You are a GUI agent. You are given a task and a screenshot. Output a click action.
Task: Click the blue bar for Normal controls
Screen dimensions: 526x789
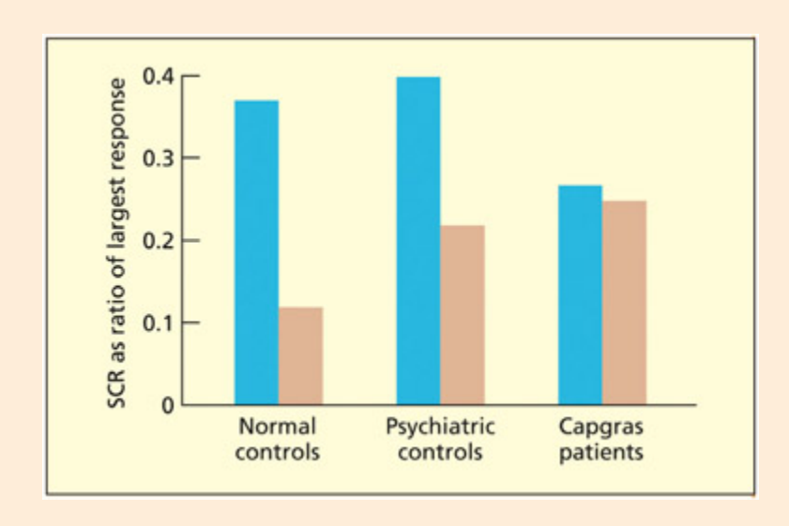(x=256, y=253)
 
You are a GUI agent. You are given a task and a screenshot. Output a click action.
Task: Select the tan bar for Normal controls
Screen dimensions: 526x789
(x=300, y=356)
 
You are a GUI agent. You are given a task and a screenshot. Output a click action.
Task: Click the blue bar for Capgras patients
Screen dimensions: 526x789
(x=581, y=295)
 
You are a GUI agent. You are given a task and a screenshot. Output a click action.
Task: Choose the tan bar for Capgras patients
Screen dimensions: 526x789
(x=624, y=303)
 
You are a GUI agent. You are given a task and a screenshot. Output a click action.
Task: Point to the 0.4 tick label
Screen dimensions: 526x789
(x=157, y=75)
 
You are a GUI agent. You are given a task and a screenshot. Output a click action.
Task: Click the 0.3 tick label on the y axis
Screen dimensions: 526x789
(x=157, y=158)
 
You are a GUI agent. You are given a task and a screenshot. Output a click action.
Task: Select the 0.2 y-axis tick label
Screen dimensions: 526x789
(x=157, y=240)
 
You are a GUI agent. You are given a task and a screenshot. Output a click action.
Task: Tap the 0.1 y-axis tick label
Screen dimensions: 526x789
(x=157, y=323)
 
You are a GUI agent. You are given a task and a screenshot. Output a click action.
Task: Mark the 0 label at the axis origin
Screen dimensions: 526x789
(x=167, y=405)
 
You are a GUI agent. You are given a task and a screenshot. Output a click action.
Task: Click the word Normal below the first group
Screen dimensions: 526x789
(x=278, y=428)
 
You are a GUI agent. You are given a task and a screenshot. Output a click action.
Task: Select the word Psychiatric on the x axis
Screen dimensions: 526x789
(x=440, y=428)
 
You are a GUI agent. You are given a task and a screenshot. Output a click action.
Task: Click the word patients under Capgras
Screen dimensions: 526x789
(x=601, y=452)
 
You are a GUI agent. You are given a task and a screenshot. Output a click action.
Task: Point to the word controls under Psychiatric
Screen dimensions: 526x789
(x=440, y=452)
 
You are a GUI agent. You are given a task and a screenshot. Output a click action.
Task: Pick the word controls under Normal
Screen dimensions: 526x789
(x=278, y=452)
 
